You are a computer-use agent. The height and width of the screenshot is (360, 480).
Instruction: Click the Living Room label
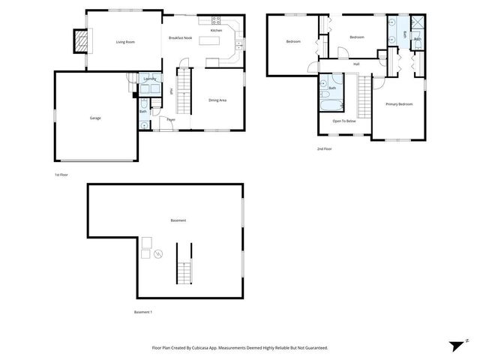[x=124, y=42]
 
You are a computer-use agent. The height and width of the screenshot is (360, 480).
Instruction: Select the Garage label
[x=95, y=118]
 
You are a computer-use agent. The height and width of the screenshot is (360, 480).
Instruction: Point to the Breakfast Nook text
[x=180, y=37]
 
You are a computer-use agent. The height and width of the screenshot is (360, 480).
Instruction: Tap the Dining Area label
[x=217, y=100]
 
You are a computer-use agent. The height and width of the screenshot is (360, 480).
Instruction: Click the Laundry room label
[x=149, y=79]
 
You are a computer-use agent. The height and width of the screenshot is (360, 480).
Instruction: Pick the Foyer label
[x=171, y=119]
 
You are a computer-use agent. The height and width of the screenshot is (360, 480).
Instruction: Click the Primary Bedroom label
[x=399, y=103]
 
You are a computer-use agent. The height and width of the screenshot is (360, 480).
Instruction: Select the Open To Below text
[x=343, y=121]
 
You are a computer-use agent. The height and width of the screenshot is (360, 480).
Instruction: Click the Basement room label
[x=178, y=220]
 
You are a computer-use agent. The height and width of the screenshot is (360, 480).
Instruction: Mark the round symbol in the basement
[x=157, y=254]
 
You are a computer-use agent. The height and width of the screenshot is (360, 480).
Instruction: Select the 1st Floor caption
[x=61, y=175]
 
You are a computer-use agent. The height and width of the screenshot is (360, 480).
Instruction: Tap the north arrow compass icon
[x=456, y=346]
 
